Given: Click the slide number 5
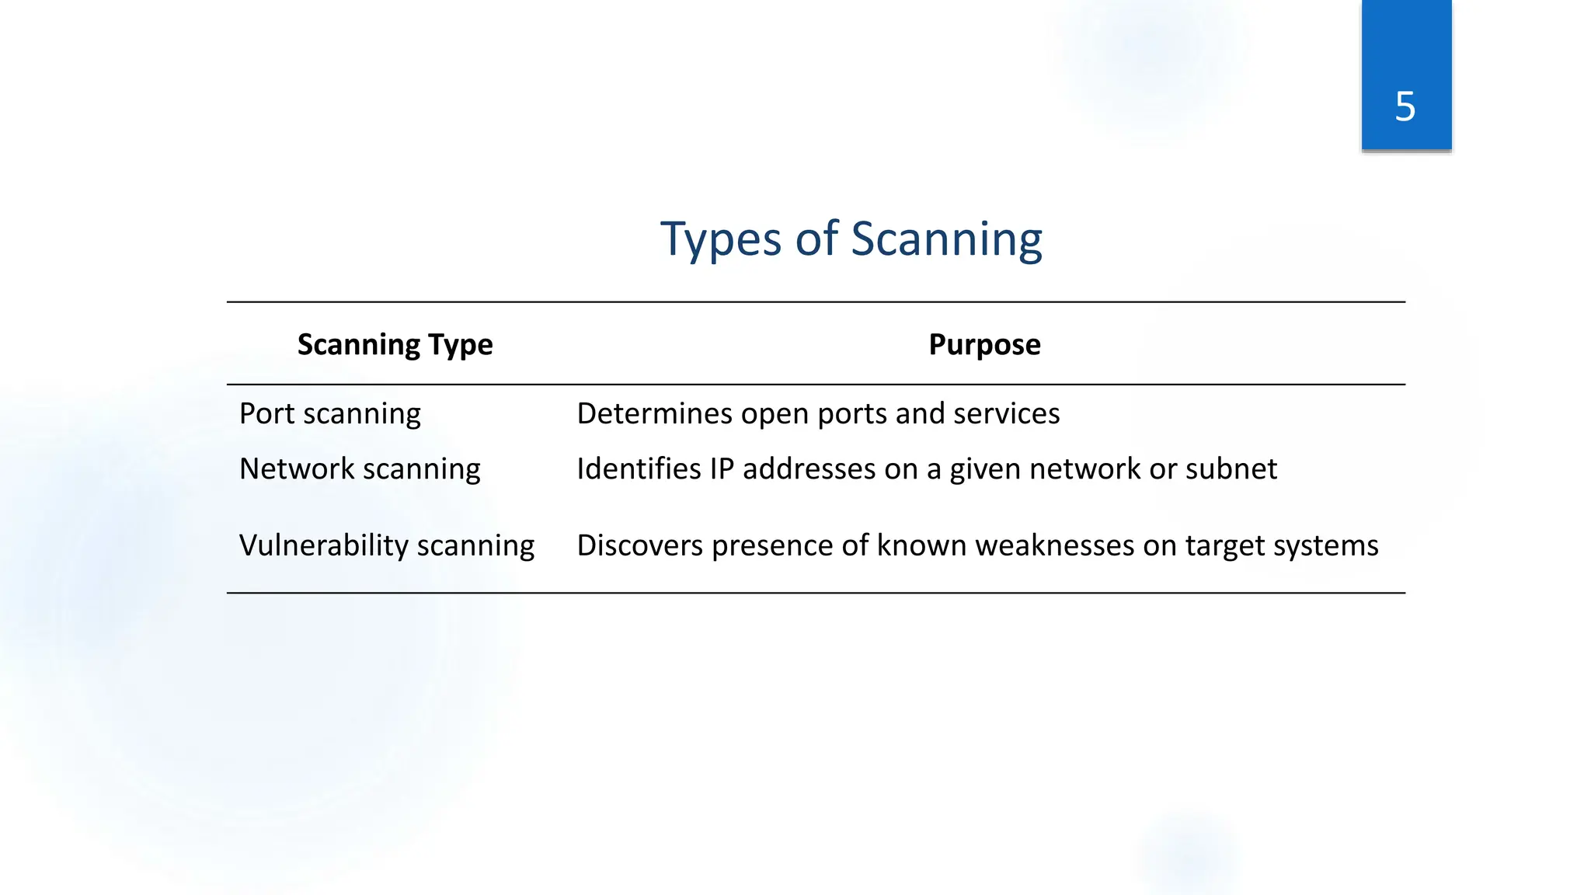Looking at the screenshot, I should click(x=1405, y=106).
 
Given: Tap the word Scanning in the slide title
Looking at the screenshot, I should click(x=946, y=239).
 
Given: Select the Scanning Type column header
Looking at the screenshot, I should click(x=395, y=344).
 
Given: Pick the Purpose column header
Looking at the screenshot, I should click(x=984, y=344).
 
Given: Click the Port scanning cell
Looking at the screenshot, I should click(x=329, y=413).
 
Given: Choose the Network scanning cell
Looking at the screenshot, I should click(x=360, y=468).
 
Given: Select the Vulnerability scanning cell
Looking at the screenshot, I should click(x=386, y=545).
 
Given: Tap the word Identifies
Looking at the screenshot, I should click(x=639, y=468).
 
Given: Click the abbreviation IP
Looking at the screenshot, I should click(x=722, y=468).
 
